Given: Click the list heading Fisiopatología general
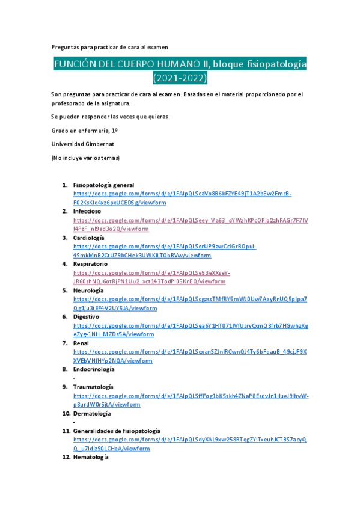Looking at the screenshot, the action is click(x=103, y=185).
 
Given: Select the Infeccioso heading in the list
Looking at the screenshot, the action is click(x=87, y=212).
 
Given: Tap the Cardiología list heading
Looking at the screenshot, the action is click(x=88, y=238).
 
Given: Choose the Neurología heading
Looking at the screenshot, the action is click(x=88, y=290).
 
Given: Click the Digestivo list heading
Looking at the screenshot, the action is click(x=87, y=317).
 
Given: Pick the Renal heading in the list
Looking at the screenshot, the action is click(x=81, y=343).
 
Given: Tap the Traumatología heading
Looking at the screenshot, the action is click(x=93, y=387).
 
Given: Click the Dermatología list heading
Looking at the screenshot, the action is click(x=92, y=414).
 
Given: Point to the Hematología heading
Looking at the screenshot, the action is click(x=91, y=458).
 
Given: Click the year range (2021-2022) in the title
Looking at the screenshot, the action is click(x=180, y=78).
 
